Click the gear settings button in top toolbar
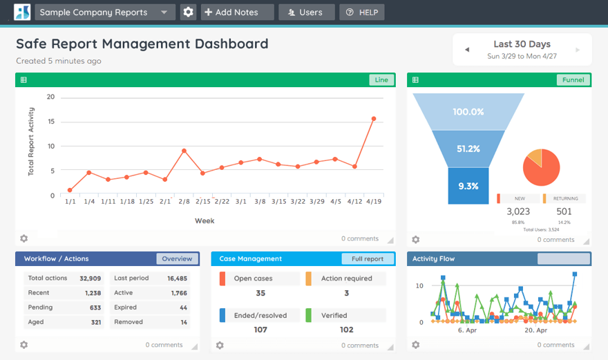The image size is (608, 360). (x=188, y=12)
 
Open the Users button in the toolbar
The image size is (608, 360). (x=306, y=12)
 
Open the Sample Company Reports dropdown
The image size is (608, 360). (x=104, y=12)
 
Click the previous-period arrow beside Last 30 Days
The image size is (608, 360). (x=467, y=50)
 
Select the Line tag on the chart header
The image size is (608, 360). (x=381, y=79)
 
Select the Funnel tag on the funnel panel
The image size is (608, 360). (x=573, y=79)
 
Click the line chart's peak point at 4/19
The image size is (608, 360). (x=374, y=119)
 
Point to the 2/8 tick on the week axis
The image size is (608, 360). (x=184, y=202)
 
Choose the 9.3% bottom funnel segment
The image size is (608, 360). (x=468, y=186)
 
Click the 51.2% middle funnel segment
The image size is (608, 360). (x=468, y=149)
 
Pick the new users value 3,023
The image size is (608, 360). (x=518, y=211)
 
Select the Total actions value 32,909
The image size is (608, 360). (x=90, y=278)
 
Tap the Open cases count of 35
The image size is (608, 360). (x=260, y=293)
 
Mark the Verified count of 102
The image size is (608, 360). (x=346, y=330)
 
